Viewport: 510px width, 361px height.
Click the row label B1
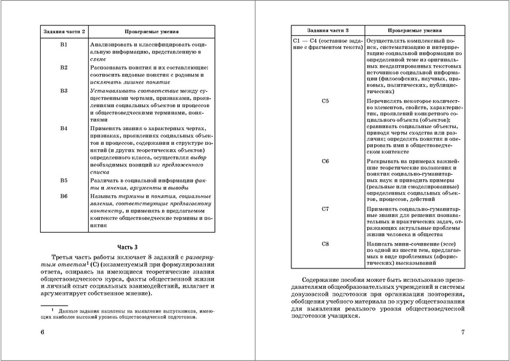pos(64,45)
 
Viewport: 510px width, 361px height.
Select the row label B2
pos(64,67)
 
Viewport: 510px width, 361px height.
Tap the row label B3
pos(64,91)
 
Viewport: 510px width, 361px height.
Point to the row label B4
pos(64,128)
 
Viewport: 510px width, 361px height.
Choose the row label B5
pos(64,181)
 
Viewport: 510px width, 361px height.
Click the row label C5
pos(325,101)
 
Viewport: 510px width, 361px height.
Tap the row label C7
pos(325,209)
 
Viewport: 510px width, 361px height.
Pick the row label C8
pos(325,244)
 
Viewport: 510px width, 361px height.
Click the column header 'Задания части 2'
pos(64,30)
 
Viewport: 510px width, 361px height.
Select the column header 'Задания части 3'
pos(325,30)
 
